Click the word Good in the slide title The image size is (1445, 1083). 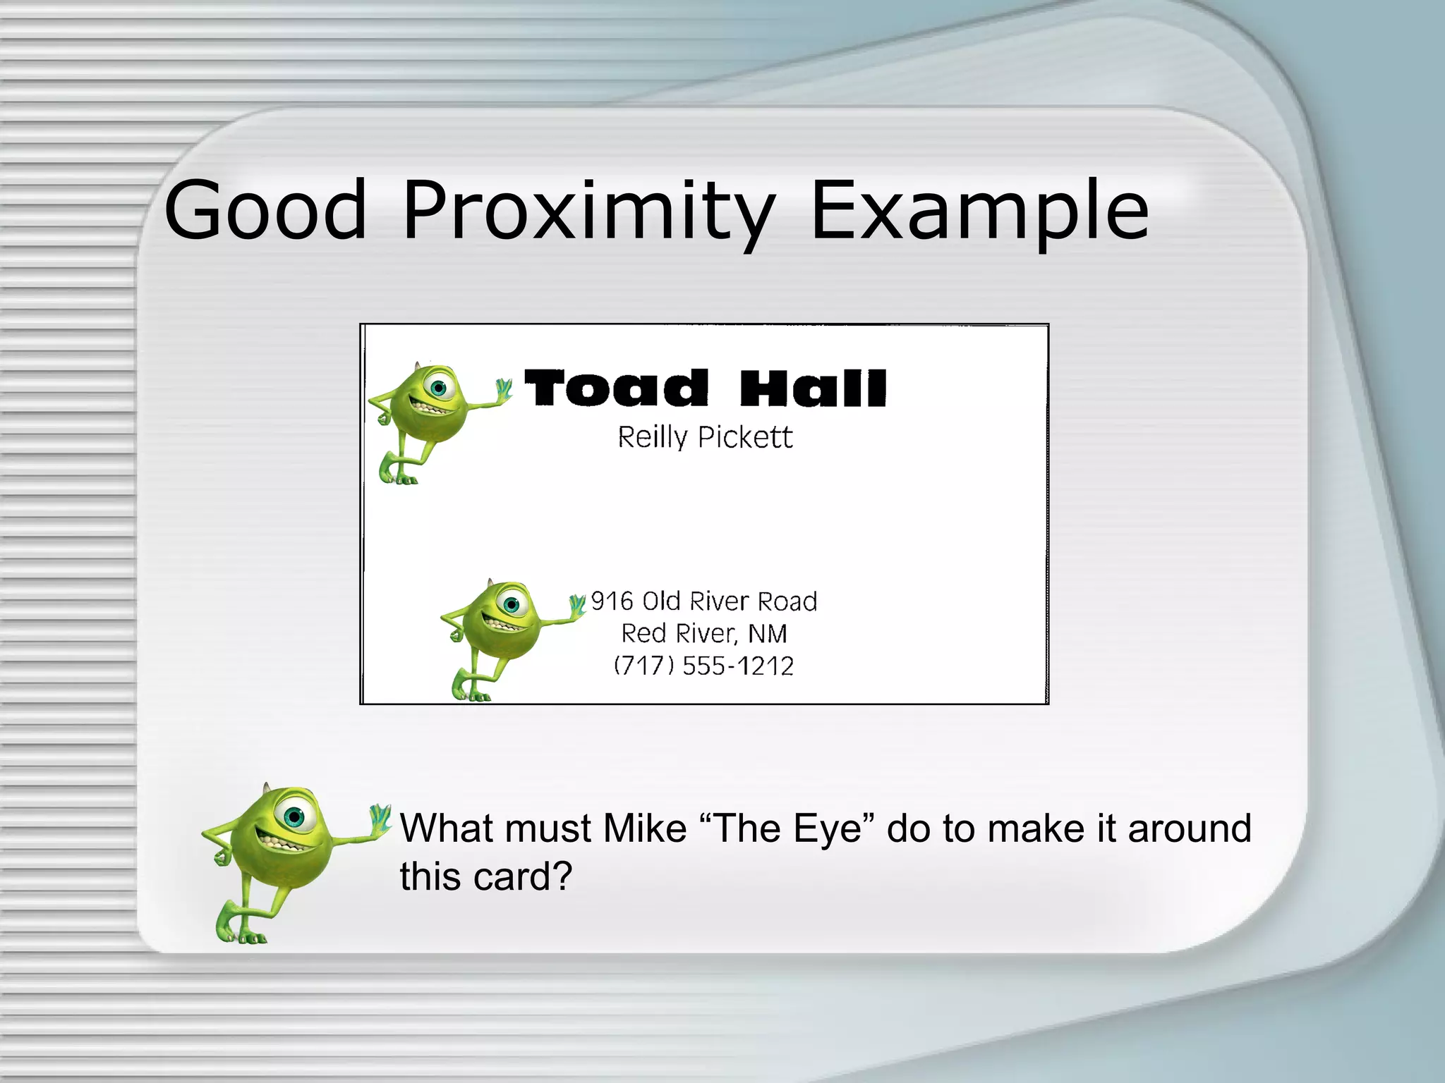pyautogui.click(x=265, y=210)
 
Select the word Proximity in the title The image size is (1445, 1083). pyautogui.click(x=589, y=210)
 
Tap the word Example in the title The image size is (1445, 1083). pyautogui.click(x=979, y=210)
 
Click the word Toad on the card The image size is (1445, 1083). pyautogui.click(x=616, y=388)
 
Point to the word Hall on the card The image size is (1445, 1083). pyautogui.click(x=813, y=388)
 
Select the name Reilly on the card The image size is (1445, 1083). pyautogui.click(x=653, y=437)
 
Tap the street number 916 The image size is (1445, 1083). pyautogui.click(x=612, y=601)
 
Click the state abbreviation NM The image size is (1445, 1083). pyautogui.click(x=767, y=634)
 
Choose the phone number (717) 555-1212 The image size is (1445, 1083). pyautogui.click(x=704, y=666)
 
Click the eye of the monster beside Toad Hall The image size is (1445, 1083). pyautogui.click(x=439, y=387)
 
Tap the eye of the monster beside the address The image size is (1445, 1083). pyautogui.click(x=512, y=604)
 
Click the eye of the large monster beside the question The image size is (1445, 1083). pyautogui.click(x=294, y=816)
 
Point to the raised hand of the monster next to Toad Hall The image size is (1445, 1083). pyautogui.click(x=504, y=388)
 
